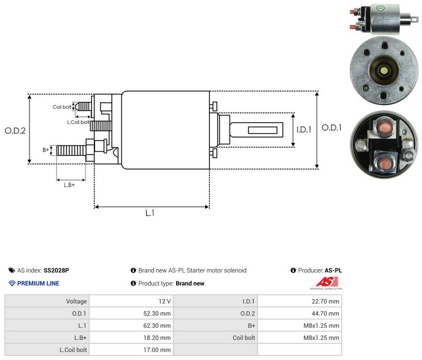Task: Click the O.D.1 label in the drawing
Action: [x=332, y=128]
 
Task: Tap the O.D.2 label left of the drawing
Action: [x=15, y=131]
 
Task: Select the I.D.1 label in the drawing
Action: [x=304, y=130]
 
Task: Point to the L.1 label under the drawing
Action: [x=150, y=213]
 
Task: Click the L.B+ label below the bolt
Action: [x=69, y=185]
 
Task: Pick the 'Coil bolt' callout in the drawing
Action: [x=62, y=107]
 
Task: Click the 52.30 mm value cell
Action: [x=157, y=314]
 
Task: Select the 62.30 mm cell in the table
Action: [x=157, y=326]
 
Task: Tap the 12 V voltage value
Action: [x=165, y=301]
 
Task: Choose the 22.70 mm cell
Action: [x=325, y=301]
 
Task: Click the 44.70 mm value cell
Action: [x=325, y=314]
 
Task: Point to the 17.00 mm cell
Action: [x=157, y=350]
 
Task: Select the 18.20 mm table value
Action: [x=157, y=338]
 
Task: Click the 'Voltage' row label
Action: [x=76, y=301]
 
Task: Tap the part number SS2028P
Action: [x=56, y=270]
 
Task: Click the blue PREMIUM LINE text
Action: [x=38, y=284]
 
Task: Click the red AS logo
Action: [x=327, y=282]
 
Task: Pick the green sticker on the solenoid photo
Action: [x=380, y=8]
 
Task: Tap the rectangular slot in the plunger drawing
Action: [x=262, y=130]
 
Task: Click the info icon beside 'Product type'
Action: [x=133, y=283]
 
